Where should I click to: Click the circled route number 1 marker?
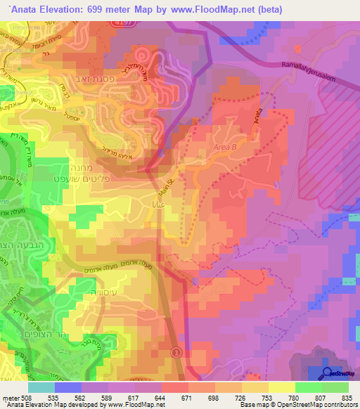176,351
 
